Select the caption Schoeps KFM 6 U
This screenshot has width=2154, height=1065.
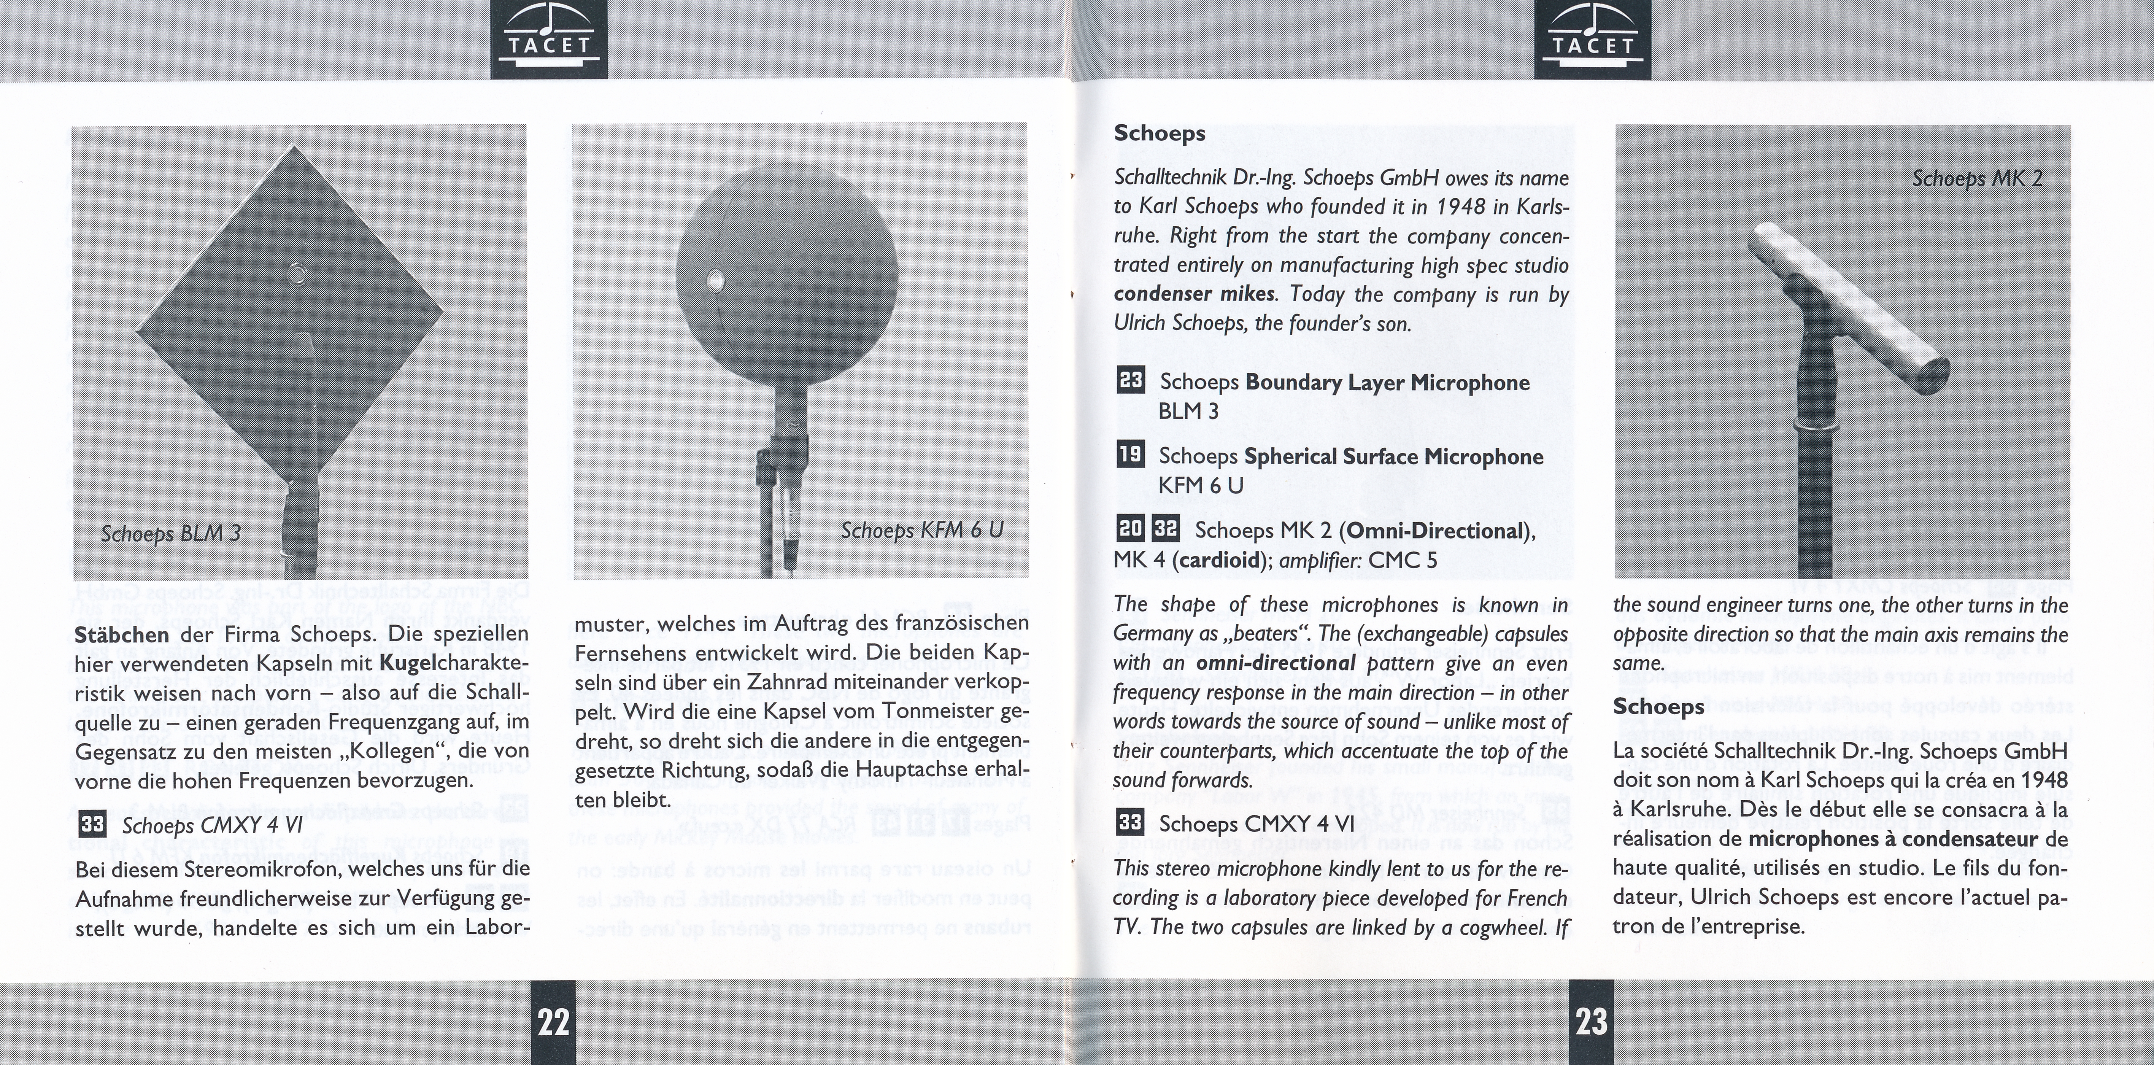point(921,531)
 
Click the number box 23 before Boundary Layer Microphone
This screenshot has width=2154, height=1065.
point(1131,381)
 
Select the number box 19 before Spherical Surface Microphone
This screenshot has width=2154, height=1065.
point(1131,455)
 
